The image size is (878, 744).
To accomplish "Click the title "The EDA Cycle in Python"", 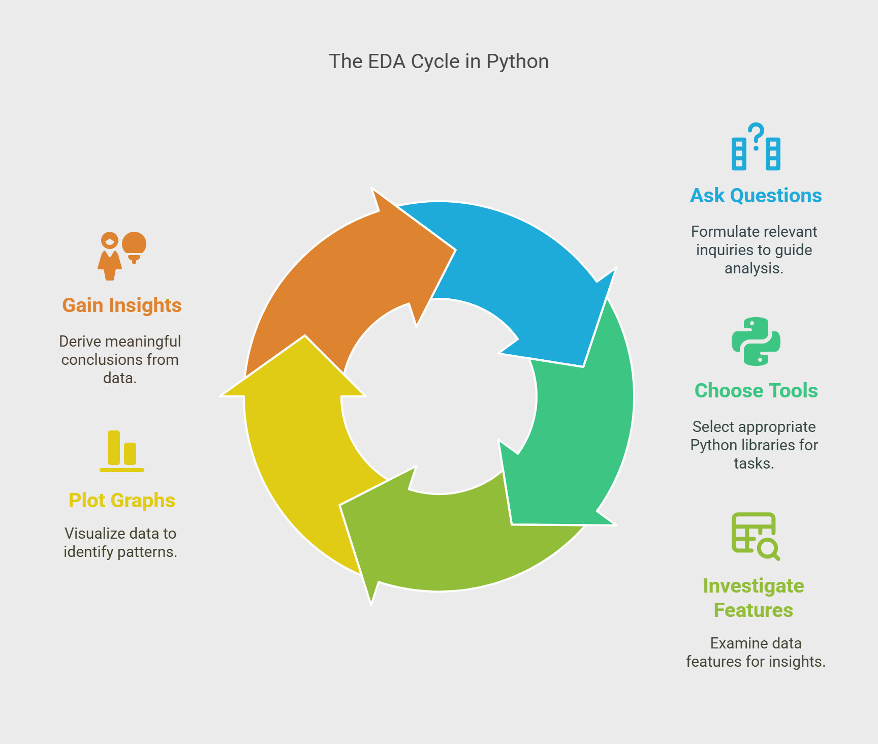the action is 439,61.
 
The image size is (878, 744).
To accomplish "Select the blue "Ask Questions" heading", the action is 756,196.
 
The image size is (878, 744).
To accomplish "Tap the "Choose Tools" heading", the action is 756,391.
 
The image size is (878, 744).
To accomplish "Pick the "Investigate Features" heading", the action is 754,598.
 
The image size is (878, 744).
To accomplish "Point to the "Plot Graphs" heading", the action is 122,501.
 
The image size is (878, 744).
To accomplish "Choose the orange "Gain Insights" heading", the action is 122,305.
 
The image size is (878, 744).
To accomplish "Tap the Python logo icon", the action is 756,342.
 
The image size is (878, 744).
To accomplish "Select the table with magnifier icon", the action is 756,537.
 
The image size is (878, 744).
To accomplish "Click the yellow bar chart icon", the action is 122,451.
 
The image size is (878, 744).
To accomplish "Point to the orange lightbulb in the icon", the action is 134,247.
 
